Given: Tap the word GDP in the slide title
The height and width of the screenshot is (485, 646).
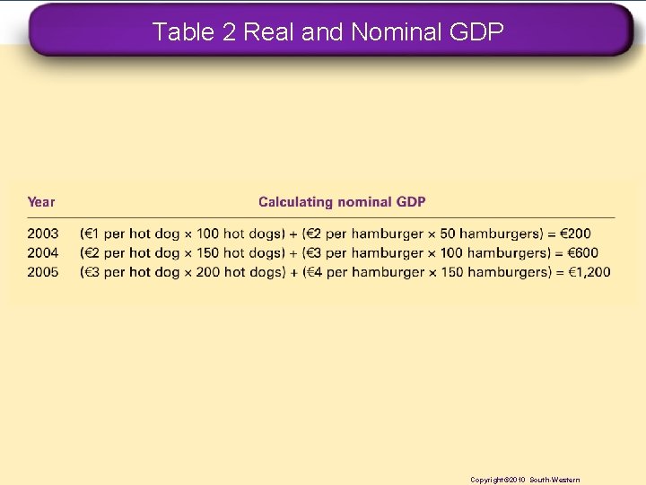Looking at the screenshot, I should [476, 32].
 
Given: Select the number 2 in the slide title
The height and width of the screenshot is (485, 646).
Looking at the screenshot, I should [228, 32].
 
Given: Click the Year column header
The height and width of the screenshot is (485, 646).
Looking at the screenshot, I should [40, 202].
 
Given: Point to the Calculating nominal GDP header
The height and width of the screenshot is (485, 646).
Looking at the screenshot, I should [342, 202].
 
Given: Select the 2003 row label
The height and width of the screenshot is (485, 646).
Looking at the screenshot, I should [42, 234].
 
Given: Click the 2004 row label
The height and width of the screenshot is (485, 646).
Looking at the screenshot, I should [42, 252].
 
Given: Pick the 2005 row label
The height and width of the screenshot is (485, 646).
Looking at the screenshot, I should [42, 271].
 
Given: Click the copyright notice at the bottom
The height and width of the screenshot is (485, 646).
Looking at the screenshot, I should [525, 480].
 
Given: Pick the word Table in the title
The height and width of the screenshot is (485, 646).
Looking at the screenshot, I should [182, 32].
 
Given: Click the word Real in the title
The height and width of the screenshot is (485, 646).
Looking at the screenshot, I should [270, 32].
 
